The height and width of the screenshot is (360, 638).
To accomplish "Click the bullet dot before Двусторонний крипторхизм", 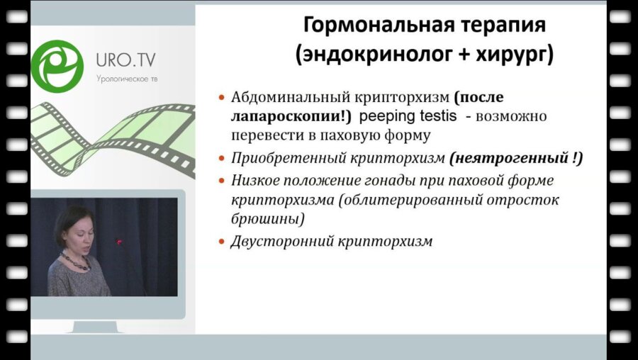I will point(222,241).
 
